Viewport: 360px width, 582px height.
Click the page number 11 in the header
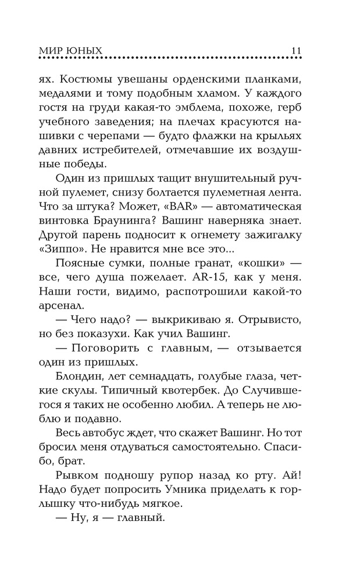295,51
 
